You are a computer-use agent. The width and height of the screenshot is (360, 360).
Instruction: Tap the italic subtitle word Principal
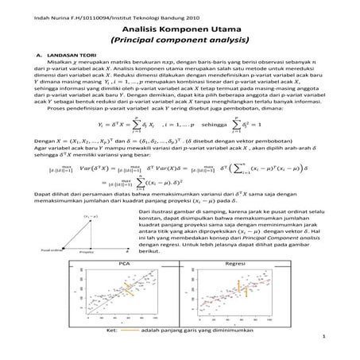coord(145,37)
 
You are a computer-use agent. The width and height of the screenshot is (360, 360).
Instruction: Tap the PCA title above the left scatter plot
coord(123,261)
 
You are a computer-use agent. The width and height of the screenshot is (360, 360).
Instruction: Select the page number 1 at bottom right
coord(325,338)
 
